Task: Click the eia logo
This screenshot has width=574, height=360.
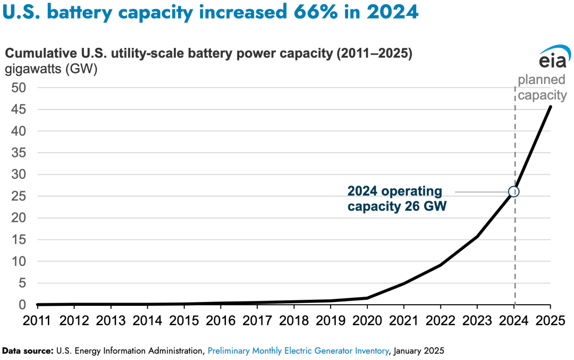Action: [x=553, y=58]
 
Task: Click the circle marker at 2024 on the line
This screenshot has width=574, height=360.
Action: [x=513, y=191]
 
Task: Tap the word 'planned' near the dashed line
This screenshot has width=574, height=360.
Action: [x=541, y=81]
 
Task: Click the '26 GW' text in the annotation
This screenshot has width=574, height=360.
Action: [x=424, y=206]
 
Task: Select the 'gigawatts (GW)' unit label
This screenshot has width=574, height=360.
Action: [x=51, y=69]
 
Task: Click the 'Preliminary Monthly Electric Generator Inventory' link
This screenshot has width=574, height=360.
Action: [x=298, y=351]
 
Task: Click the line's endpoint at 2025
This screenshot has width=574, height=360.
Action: [x=550, y=106]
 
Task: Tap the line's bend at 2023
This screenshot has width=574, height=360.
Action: [x=477, y=237]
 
